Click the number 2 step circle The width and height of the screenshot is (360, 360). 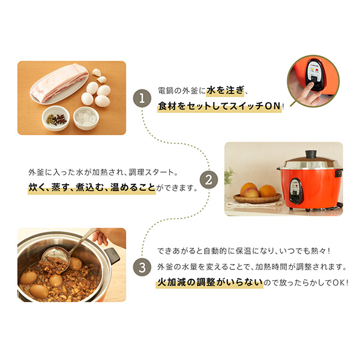point(208,179)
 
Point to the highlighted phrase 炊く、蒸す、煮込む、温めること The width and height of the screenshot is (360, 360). point(92,187)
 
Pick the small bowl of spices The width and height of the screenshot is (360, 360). point(56,118)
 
